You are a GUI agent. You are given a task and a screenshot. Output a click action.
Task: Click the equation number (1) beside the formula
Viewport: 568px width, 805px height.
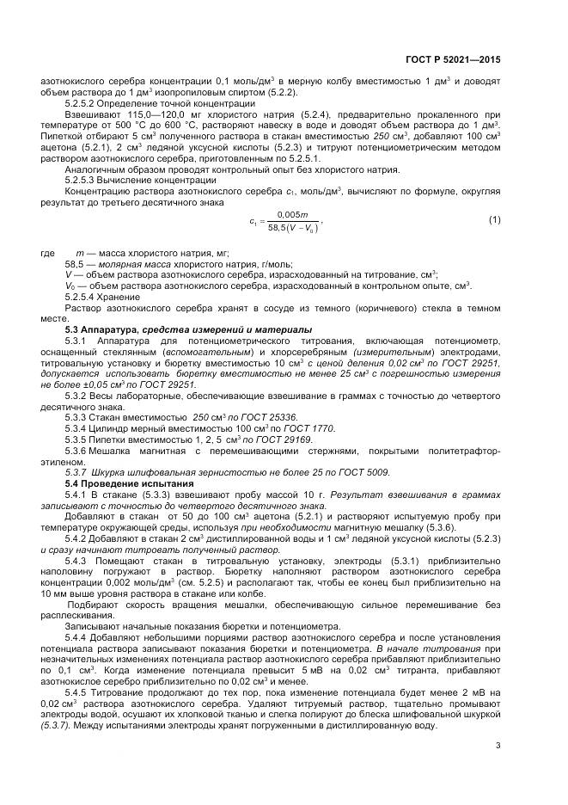click(495, 220)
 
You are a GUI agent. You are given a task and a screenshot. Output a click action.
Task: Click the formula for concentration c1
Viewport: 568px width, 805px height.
click(284, 221)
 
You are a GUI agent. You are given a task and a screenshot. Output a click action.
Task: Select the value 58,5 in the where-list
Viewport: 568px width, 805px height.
click(75, 264)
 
